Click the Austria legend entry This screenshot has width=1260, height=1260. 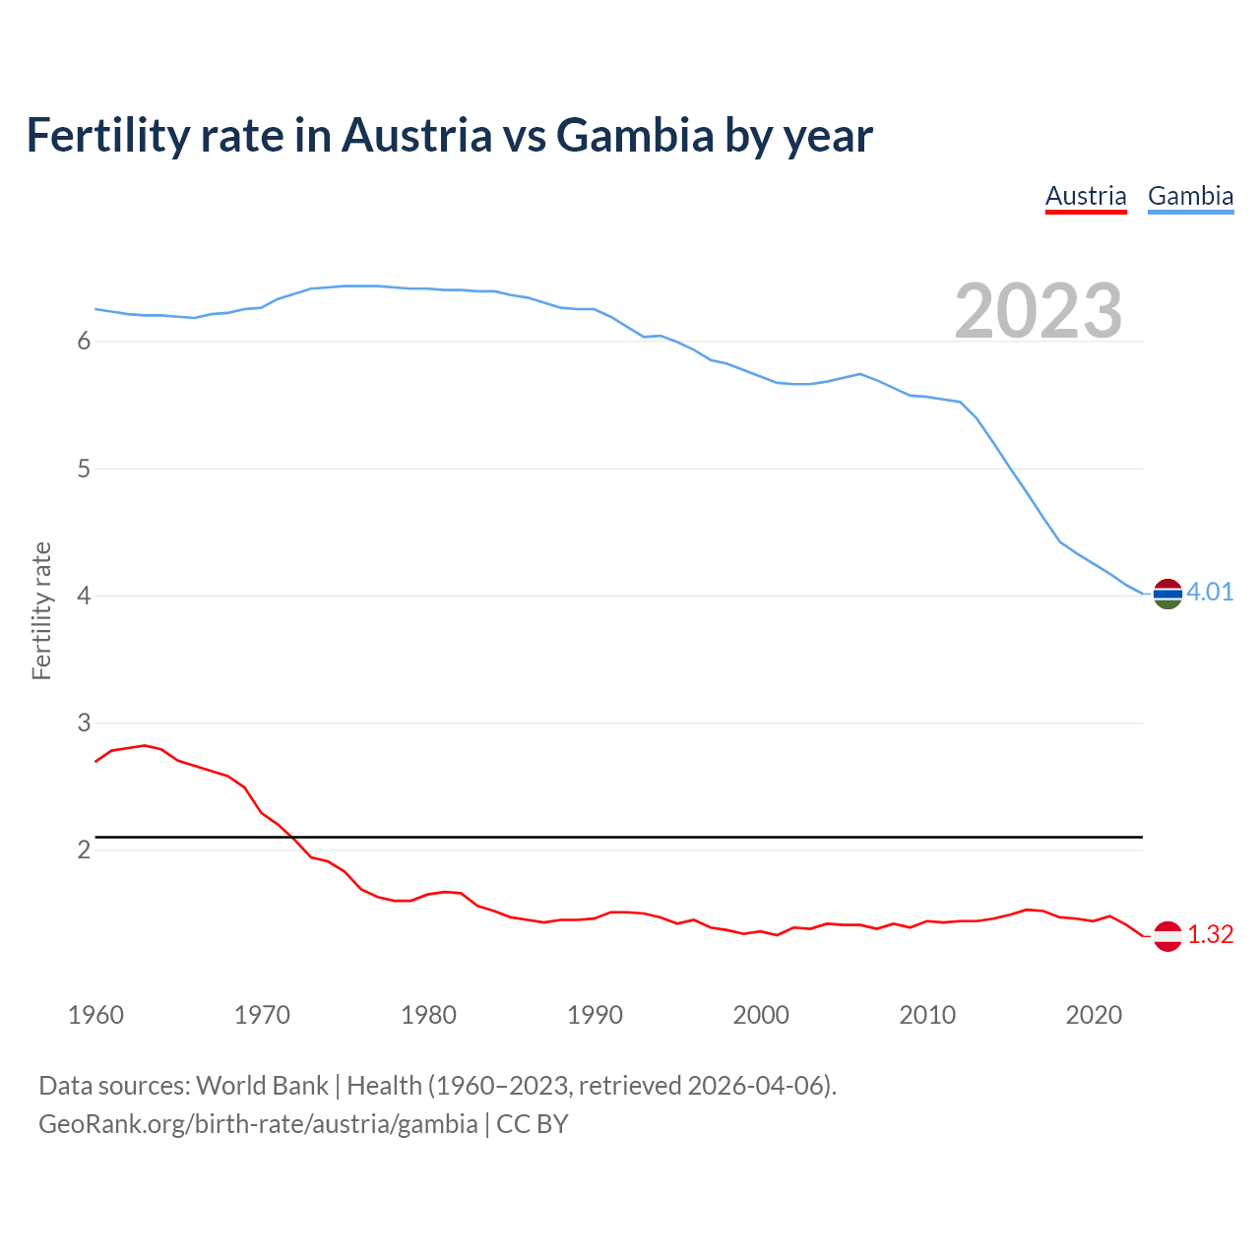coord(1086,196)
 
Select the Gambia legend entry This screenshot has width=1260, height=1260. coord(1190,196)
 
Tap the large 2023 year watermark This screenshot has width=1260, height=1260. coord(1039,311)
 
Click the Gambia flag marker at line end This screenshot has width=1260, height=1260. coord(1167,594)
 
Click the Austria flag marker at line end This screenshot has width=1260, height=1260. coord(1167,935)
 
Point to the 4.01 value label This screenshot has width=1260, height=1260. coord(1210,592)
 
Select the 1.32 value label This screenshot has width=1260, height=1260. coord(1210,934)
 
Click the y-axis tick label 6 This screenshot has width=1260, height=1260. coord(84,342)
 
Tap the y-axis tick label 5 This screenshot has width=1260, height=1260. coord(84,469)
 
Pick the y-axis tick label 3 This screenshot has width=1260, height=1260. coord(84,724)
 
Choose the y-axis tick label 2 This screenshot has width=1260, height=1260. coord(84,850)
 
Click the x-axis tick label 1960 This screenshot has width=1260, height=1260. coord(95,1015)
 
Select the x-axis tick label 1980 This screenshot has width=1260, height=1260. coord(428,1015)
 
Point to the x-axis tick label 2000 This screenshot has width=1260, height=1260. coord(761,1015)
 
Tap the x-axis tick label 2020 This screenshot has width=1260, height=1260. coord(1094,1015)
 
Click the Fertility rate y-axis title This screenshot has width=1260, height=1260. coord(41,610)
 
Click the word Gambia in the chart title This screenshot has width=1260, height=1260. coord(635,136)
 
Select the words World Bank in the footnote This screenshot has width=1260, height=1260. coord(262,1086)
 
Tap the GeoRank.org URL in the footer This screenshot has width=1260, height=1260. coord(258,1124)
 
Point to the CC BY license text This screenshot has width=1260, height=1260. coord(533,1124)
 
